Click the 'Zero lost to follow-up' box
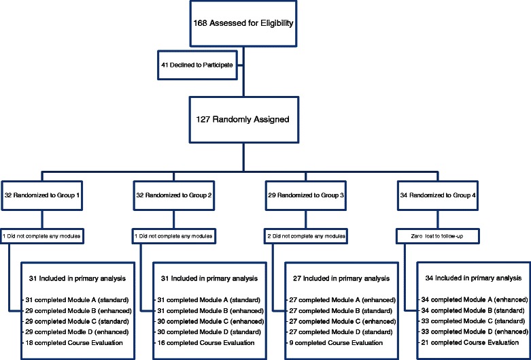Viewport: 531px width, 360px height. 441,235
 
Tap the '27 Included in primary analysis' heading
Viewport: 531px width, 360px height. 334,278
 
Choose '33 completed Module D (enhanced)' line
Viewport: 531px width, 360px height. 474,332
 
